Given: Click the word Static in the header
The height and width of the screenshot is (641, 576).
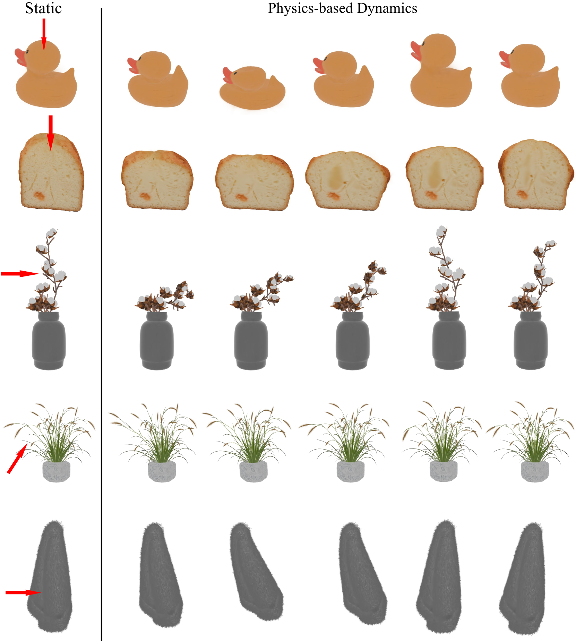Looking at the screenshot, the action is click(43, 8).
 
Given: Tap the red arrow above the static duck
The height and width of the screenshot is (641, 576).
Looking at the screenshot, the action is click(44, 35).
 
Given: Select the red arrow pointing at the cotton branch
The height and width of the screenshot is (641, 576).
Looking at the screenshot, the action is click(20, 274).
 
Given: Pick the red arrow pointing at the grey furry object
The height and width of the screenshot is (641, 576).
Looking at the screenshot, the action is click(24, 592).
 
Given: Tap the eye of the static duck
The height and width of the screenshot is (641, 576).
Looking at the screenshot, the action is click(27, 52).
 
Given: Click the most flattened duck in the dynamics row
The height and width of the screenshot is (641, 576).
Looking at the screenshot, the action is click(252, 87).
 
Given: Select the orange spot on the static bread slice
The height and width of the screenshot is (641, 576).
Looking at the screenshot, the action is click(40, 196).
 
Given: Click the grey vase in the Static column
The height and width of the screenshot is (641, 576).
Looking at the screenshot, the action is click(49, 341).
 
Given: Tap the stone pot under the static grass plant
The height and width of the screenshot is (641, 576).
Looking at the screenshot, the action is click(56, 471).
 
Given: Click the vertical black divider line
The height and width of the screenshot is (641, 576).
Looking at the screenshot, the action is click(101, 324).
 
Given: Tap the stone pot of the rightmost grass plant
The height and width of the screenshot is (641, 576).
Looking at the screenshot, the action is click(535, 471).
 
